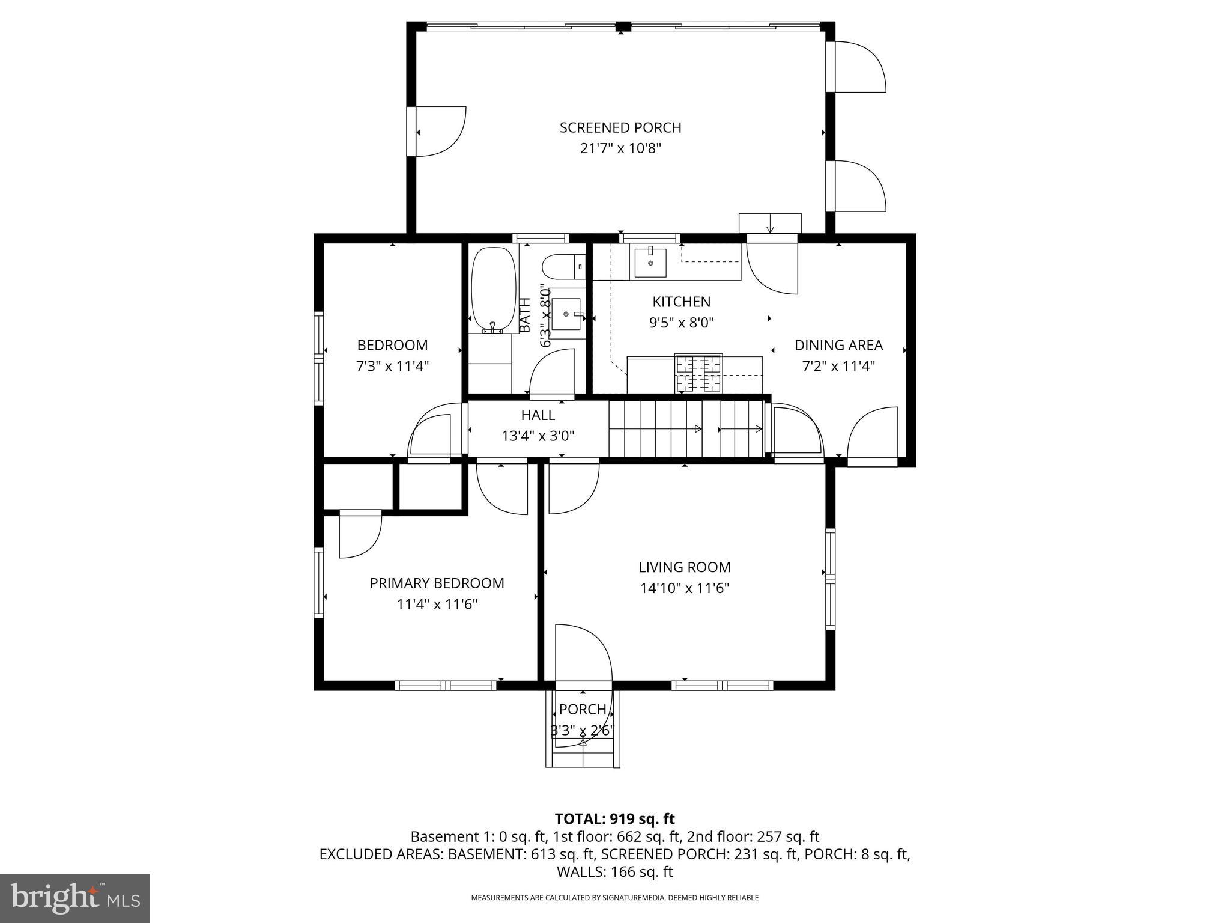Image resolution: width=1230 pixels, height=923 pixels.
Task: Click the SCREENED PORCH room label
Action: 620,127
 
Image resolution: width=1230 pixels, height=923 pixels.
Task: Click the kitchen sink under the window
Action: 650,263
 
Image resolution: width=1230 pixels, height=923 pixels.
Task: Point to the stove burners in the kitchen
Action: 698,373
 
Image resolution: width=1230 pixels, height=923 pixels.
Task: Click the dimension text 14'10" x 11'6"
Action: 684,588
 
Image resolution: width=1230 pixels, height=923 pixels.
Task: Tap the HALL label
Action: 538,415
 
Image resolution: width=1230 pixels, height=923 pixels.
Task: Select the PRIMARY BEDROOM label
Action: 437,583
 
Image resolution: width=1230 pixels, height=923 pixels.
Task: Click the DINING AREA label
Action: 838,345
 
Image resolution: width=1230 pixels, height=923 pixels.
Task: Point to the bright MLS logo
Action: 74,898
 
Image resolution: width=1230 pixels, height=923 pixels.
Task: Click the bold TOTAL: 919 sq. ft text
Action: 614,819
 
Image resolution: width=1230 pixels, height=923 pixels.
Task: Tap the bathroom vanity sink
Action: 566,314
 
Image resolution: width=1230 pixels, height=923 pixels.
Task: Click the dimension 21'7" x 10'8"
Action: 620,148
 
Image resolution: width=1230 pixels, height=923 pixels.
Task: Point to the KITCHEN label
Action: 681,302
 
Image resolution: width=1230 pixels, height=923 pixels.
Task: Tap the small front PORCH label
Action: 582,709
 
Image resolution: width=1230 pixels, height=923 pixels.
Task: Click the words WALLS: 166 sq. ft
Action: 614,872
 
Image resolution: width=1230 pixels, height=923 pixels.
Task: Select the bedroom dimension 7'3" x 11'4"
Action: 392,366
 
